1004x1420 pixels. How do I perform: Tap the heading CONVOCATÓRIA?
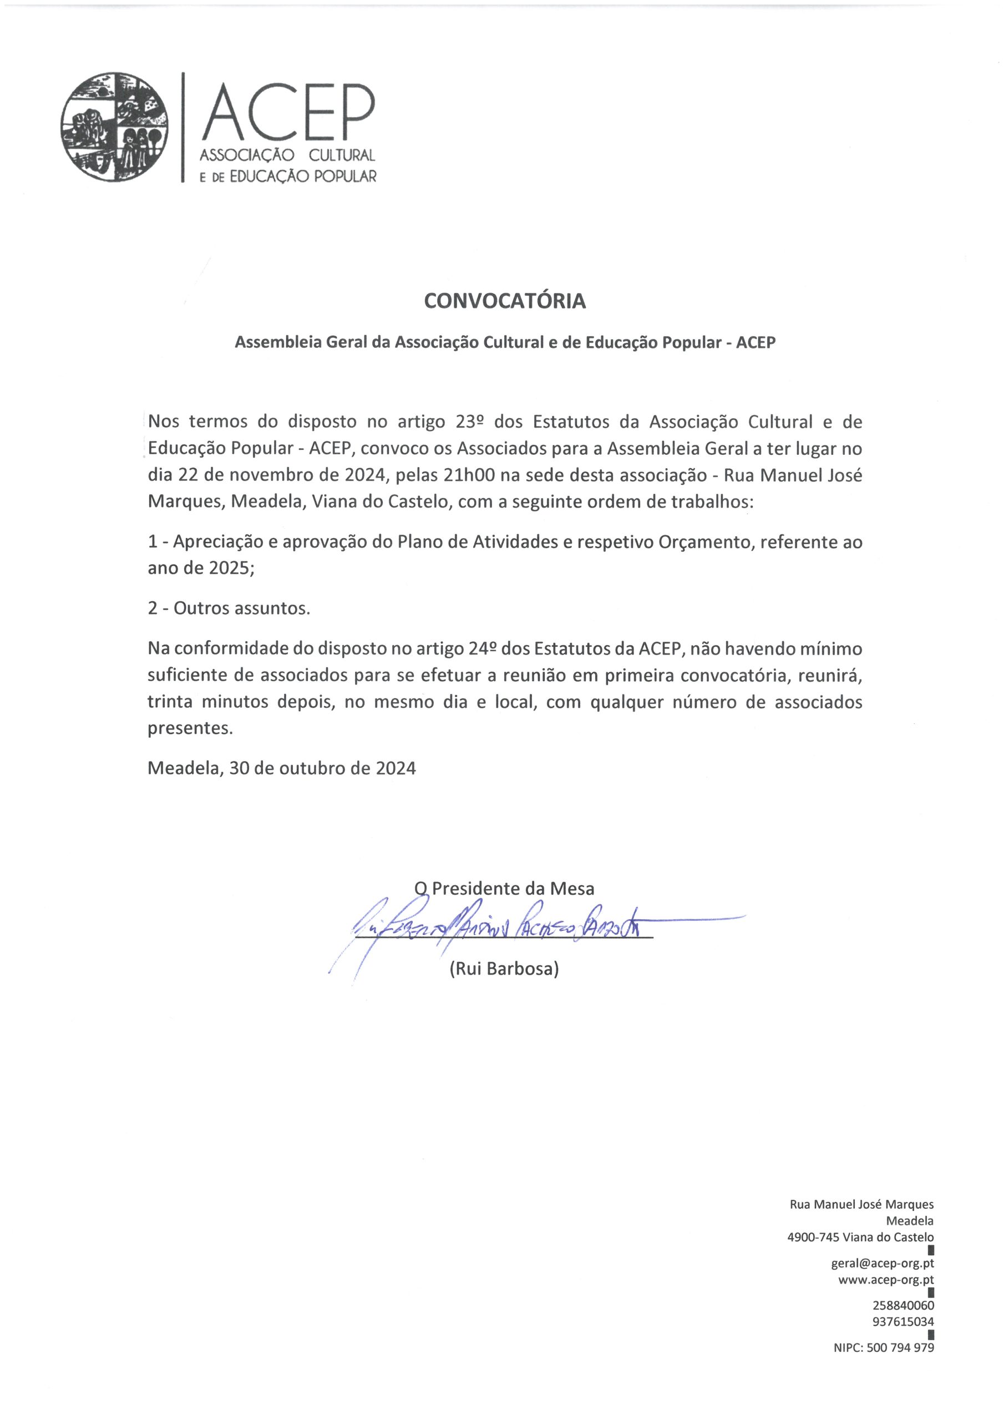point(504,301)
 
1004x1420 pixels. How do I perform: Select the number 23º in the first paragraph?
point(469,422)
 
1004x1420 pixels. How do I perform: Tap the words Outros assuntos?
point(241,608)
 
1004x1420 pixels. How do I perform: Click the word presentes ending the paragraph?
point(190,728)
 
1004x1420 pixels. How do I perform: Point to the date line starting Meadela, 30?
point(281,768)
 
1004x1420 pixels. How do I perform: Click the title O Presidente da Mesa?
point(504,889)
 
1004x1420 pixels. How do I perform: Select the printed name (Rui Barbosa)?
point(504,968)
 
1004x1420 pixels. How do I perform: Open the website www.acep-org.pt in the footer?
point(886,1280)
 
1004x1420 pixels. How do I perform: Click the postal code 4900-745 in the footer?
point(812,1238)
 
